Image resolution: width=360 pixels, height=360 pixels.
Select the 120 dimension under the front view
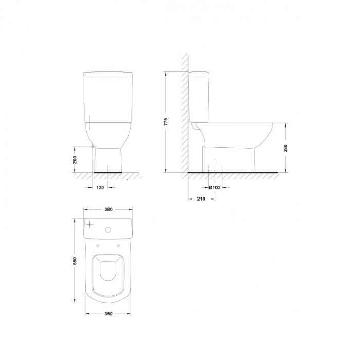(100, 188)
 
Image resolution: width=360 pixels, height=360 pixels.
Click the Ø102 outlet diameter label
(215, 188)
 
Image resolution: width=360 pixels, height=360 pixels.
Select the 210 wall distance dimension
(201, 199)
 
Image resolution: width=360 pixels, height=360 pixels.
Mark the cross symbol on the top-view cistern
(91, 225)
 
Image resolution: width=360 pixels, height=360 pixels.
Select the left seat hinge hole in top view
(98, 246)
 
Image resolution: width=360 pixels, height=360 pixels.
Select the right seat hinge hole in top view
(120, 246)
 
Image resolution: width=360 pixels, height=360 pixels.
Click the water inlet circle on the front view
(93, 147)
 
